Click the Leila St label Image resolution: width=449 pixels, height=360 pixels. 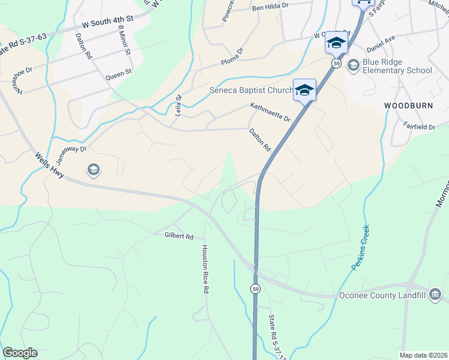click(x=178, y=106)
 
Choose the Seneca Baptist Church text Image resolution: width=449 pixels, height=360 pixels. click(x=251, y=91)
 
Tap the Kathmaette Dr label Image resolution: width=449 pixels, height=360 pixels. click(x=270, y=112)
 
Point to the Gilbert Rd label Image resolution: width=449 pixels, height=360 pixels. click(x=179, y=236)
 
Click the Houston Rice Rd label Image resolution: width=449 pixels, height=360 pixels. click(x=205, y=269)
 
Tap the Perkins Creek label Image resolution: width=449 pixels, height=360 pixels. click(x=361, y=247)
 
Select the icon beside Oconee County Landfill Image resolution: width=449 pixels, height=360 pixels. click(x=435, y=295)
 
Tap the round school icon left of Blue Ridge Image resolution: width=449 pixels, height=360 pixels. click(x=353, y=65)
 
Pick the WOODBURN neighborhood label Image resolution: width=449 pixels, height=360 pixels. click(x=408, y=105)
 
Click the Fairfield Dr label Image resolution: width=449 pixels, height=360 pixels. click(x=419, y=127)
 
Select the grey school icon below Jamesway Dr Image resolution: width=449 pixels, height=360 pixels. click(x=93, y=170)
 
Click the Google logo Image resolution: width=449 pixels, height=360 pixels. click(x=20, y=353)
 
